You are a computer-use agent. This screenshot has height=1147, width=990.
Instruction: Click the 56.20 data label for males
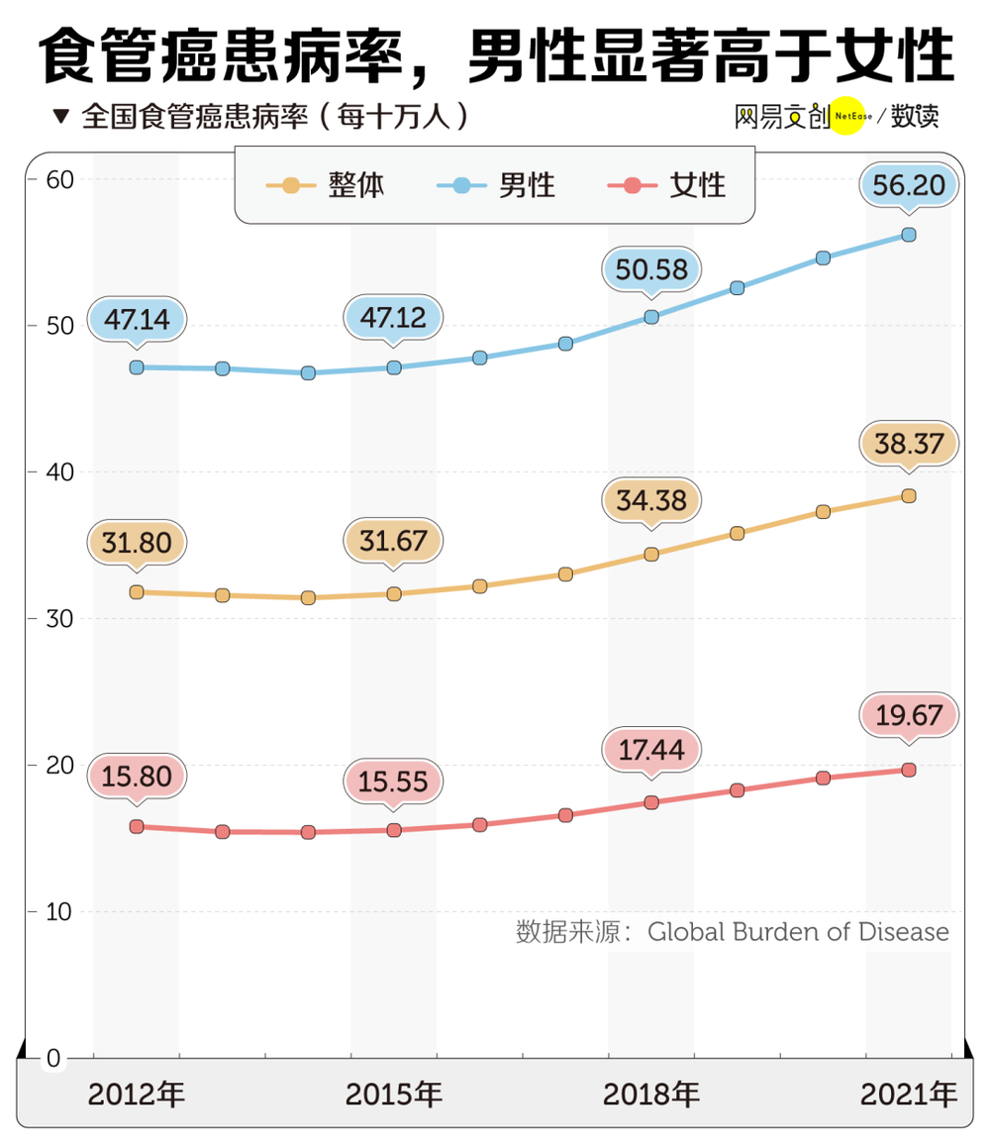click(909, 185)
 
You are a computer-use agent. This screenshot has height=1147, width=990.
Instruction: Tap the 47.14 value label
click(137, 319)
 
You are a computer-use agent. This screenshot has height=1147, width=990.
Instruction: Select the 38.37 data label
click(909, 445)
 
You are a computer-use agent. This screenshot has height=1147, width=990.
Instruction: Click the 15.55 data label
click(393, 782)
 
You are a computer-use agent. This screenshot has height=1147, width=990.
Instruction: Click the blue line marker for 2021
click(909, 235)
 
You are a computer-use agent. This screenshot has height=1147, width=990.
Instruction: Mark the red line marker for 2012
click(137, 826)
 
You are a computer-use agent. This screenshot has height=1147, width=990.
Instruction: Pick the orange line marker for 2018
click(651, 554)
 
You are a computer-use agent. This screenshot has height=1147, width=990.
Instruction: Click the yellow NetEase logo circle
click(846, 115)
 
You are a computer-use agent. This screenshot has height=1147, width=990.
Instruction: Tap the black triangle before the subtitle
click(61, 117)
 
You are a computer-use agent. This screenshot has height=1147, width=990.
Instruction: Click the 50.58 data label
click(650, 269)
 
